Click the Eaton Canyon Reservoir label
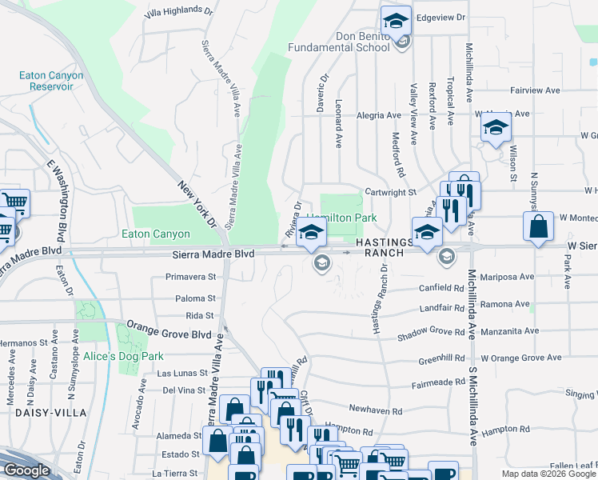pos(51,81)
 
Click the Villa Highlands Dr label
pos(179,14)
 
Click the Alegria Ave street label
pos(379,115)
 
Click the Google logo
pos(27,470)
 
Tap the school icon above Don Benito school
pos(396,21)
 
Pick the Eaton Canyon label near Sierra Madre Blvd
pos(155,234)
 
